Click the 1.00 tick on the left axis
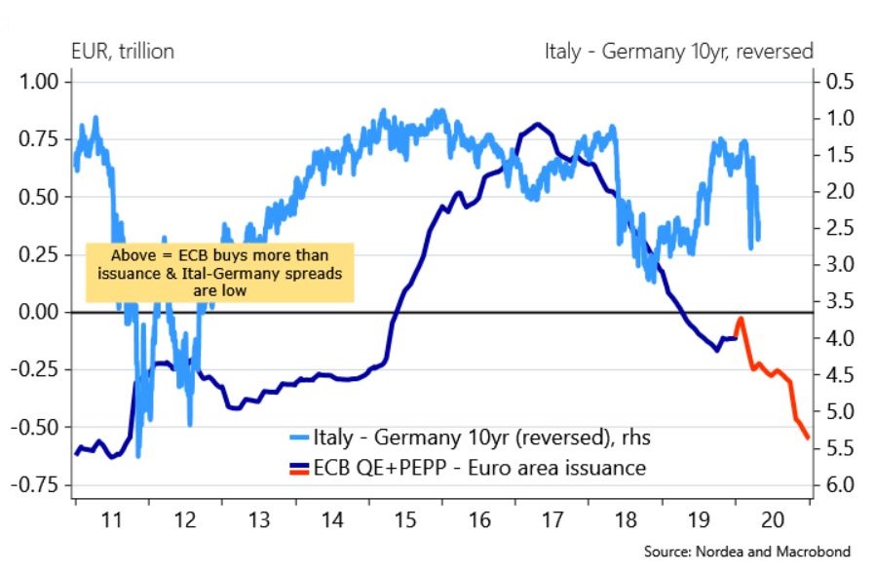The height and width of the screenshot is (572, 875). point(36,82)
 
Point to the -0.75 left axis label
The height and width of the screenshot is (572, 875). point(32,484)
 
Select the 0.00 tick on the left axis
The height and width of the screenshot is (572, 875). point(36,312)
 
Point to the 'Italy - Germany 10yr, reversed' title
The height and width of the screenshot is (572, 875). point(679,51)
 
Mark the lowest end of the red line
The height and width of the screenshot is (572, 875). point(808,439)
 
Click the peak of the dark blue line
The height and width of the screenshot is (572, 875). point(538,124)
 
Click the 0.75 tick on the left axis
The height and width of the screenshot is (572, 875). point(36,139)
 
